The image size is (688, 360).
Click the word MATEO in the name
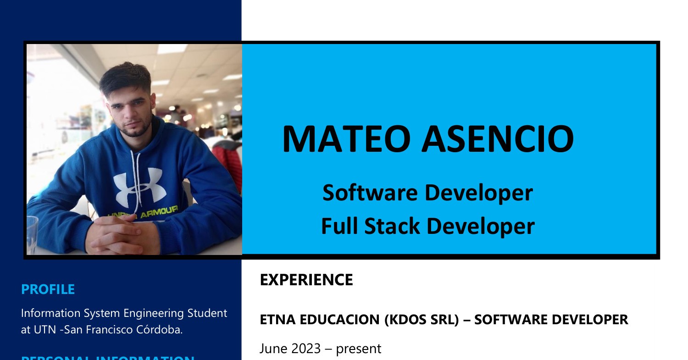[347, 138]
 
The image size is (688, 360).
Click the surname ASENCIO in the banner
[498, 138]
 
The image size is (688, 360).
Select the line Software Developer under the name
[427, 193]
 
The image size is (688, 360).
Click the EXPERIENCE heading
[306, 280]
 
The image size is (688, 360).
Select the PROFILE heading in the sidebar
[48, 289]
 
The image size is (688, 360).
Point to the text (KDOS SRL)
[421, 320]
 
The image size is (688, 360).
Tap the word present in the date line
[358, 349]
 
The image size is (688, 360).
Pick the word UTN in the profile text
[46, 330]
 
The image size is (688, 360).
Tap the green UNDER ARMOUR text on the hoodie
[142, 214]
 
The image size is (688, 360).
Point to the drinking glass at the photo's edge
[32, 234]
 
